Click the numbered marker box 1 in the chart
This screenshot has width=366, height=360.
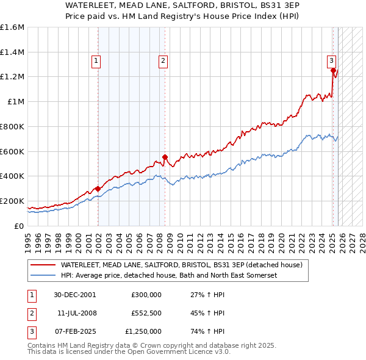tap(97, 60)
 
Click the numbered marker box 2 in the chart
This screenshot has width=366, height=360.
tap(163, 60)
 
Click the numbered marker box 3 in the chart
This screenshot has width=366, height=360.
tap(331, 60)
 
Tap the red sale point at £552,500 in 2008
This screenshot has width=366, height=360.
tap(165, 157)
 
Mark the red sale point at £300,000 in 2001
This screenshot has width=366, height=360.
tap(98, 189)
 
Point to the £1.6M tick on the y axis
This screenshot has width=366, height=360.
tap(12, 27)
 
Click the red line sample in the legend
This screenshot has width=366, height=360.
tap(43, 265)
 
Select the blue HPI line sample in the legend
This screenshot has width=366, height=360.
tap(43, 276)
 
